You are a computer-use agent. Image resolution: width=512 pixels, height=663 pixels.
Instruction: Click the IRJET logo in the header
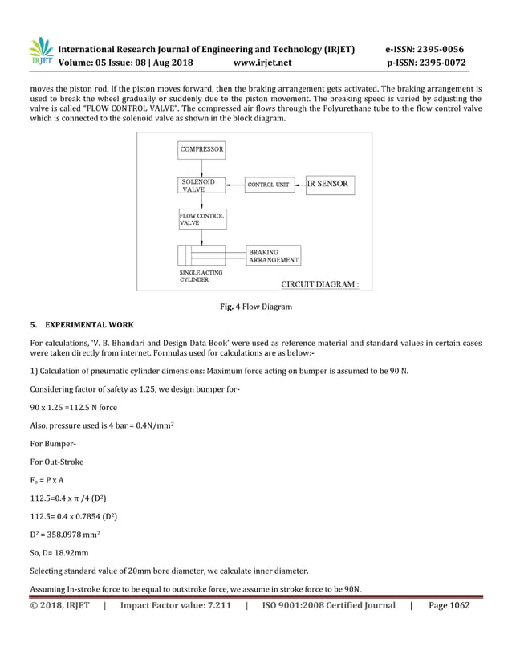[41, 53]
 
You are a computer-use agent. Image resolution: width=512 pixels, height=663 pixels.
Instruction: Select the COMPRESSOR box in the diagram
[201, 150]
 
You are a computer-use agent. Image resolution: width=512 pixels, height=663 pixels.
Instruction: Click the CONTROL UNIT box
[268, 185]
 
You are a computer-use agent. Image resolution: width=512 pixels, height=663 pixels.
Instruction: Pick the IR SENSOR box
[329, 185]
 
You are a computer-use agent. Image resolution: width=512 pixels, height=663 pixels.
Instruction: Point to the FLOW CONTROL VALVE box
[201, 219]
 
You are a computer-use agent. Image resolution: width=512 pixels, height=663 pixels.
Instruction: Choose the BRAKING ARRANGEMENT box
[274, 255]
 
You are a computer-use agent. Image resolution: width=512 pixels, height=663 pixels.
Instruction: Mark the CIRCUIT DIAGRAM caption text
[319, 283]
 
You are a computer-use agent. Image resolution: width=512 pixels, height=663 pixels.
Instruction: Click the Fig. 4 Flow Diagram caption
[256, 307]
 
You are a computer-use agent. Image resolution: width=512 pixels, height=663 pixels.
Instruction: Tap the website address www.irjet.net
[262, 62]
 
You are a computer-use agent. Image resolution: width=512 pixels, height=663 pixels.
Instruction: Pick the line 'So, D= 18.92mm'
[61, 553]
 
